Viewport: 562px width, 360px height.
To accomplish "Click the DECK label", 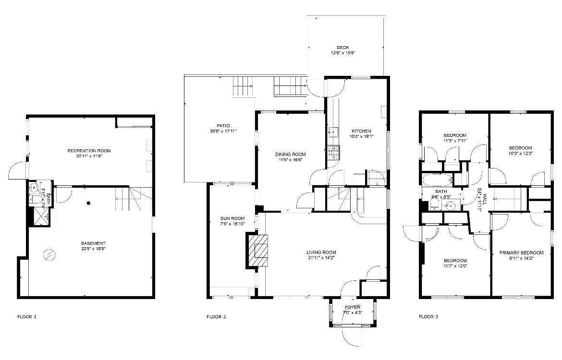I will [342, 47].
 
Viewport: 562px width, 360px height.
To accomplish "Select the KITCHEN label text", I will [361, 131].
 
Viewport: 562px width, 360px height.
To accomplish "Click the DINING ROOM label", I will [290, 154].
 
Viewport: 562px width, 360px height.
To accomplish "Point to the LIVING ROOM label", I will [321, 252].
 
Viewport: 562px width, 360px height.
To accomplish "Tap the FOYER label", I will [352, 307].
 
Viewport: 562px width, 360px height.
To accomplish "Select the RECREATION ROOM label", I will [89, 151].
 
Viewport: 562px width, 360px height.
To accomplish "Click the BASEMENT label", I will [93, 243].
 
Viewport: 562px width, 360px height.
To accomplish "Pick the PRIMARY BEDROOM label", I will [521, 253].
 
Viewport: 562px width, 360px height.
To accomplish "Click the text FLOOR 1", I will [27, 317].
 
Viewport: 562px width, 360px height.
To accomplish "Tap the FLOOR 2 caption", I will [216, 317].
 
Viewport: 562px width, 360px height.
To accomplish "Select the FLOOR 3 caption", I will [428, 317].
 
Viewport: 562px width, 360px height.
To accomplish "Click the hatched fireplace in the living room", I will [258, 250].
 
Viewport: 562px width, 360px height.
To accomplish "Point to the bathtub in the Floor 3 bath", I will [437, 180].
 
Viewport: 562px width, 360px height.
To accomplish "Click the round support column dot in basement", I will [88, 203].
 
